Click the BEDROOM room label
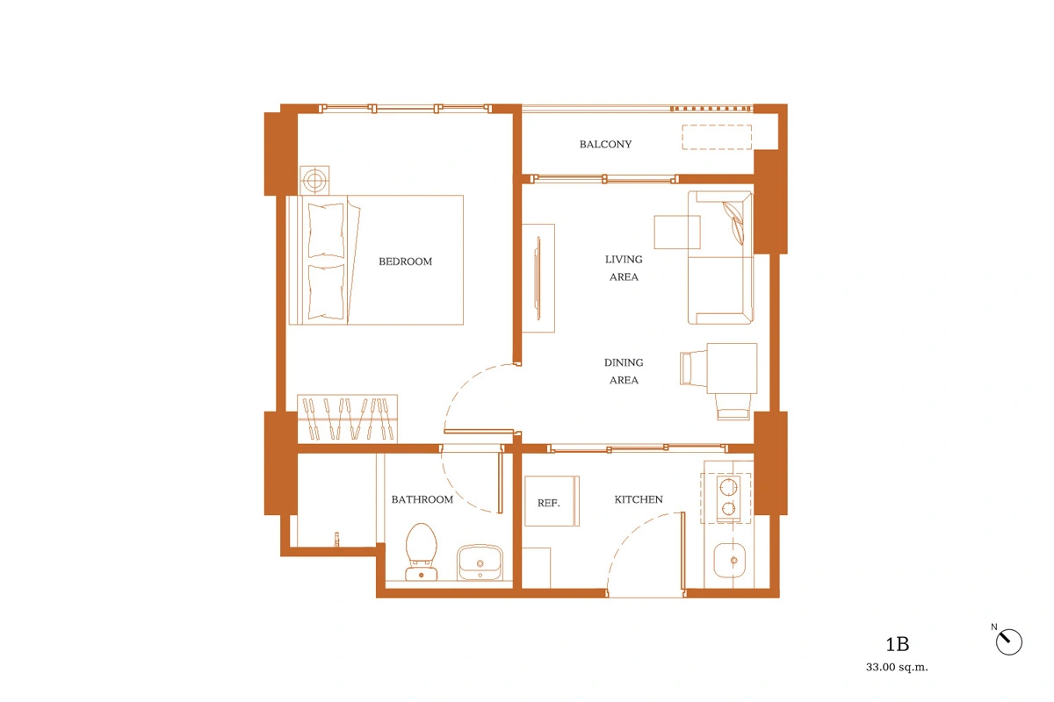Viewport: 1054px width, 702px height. [405, 261]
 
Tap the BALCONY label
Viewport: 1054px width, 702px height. [605, 145]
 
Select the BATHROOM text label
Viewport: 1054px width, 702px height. [422, 499]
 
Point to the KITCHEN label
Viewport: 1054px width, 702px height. [639, 499]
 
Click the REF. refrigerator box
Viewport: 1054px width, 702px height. [552, 501]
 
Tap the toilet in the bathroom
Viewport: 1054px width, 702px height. [421, 552]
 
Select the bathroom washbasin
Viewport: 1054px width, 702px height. [480, 562]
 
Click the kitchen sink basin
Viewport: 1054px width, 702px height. [729, 560]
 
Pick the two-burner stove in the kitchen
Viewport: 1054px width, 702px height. [728, 498]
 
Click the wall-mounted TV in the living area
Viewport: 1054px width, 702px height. [538, 278]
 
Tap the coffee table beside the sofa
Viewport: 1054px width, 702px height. [676, 232]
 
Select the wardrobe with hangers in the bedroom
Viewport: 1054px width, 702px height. [347, 419]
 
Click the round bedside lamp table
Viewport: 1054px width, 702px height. [314, 180]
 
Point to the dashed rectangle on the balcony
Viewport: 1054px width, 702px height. [717, 137]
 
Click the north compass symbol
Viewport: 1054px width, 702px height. [1008, 641]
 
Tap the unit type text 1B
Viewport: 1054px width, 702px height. [897, 644]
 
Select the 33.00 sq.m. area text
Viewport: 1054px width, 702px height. [897, 667]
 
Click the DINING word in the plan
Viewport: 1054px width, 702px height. [624, 362]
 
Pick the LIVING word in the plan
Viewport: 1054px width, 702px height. [624, 259]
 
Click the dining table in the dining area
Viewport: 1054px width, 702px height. [732, 369]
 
